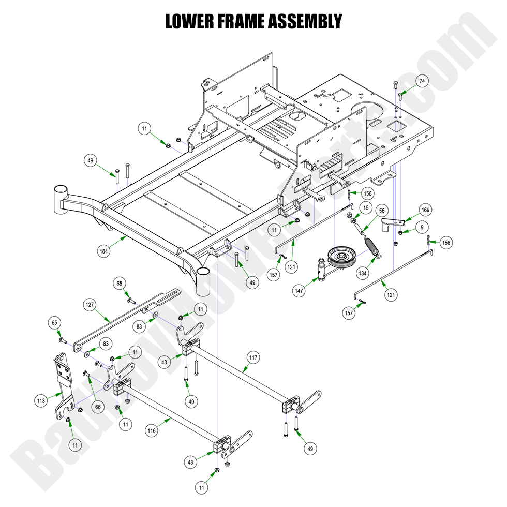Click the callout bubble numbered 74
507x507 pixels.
click(x=422, y=81)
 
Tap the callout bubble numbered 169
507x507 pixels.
click(x=425, y=210)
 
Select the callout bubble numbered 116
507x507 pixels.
click(x=151, y=430)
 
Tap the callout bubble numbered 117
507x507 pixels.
click(x=253, y=357)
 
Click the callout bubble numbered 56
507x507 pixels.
click(x=382, y=211)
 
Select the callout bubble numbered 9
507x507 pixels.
click(x=422, y=227)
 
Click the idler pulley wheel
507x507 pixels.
click(x=341, y=256)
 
